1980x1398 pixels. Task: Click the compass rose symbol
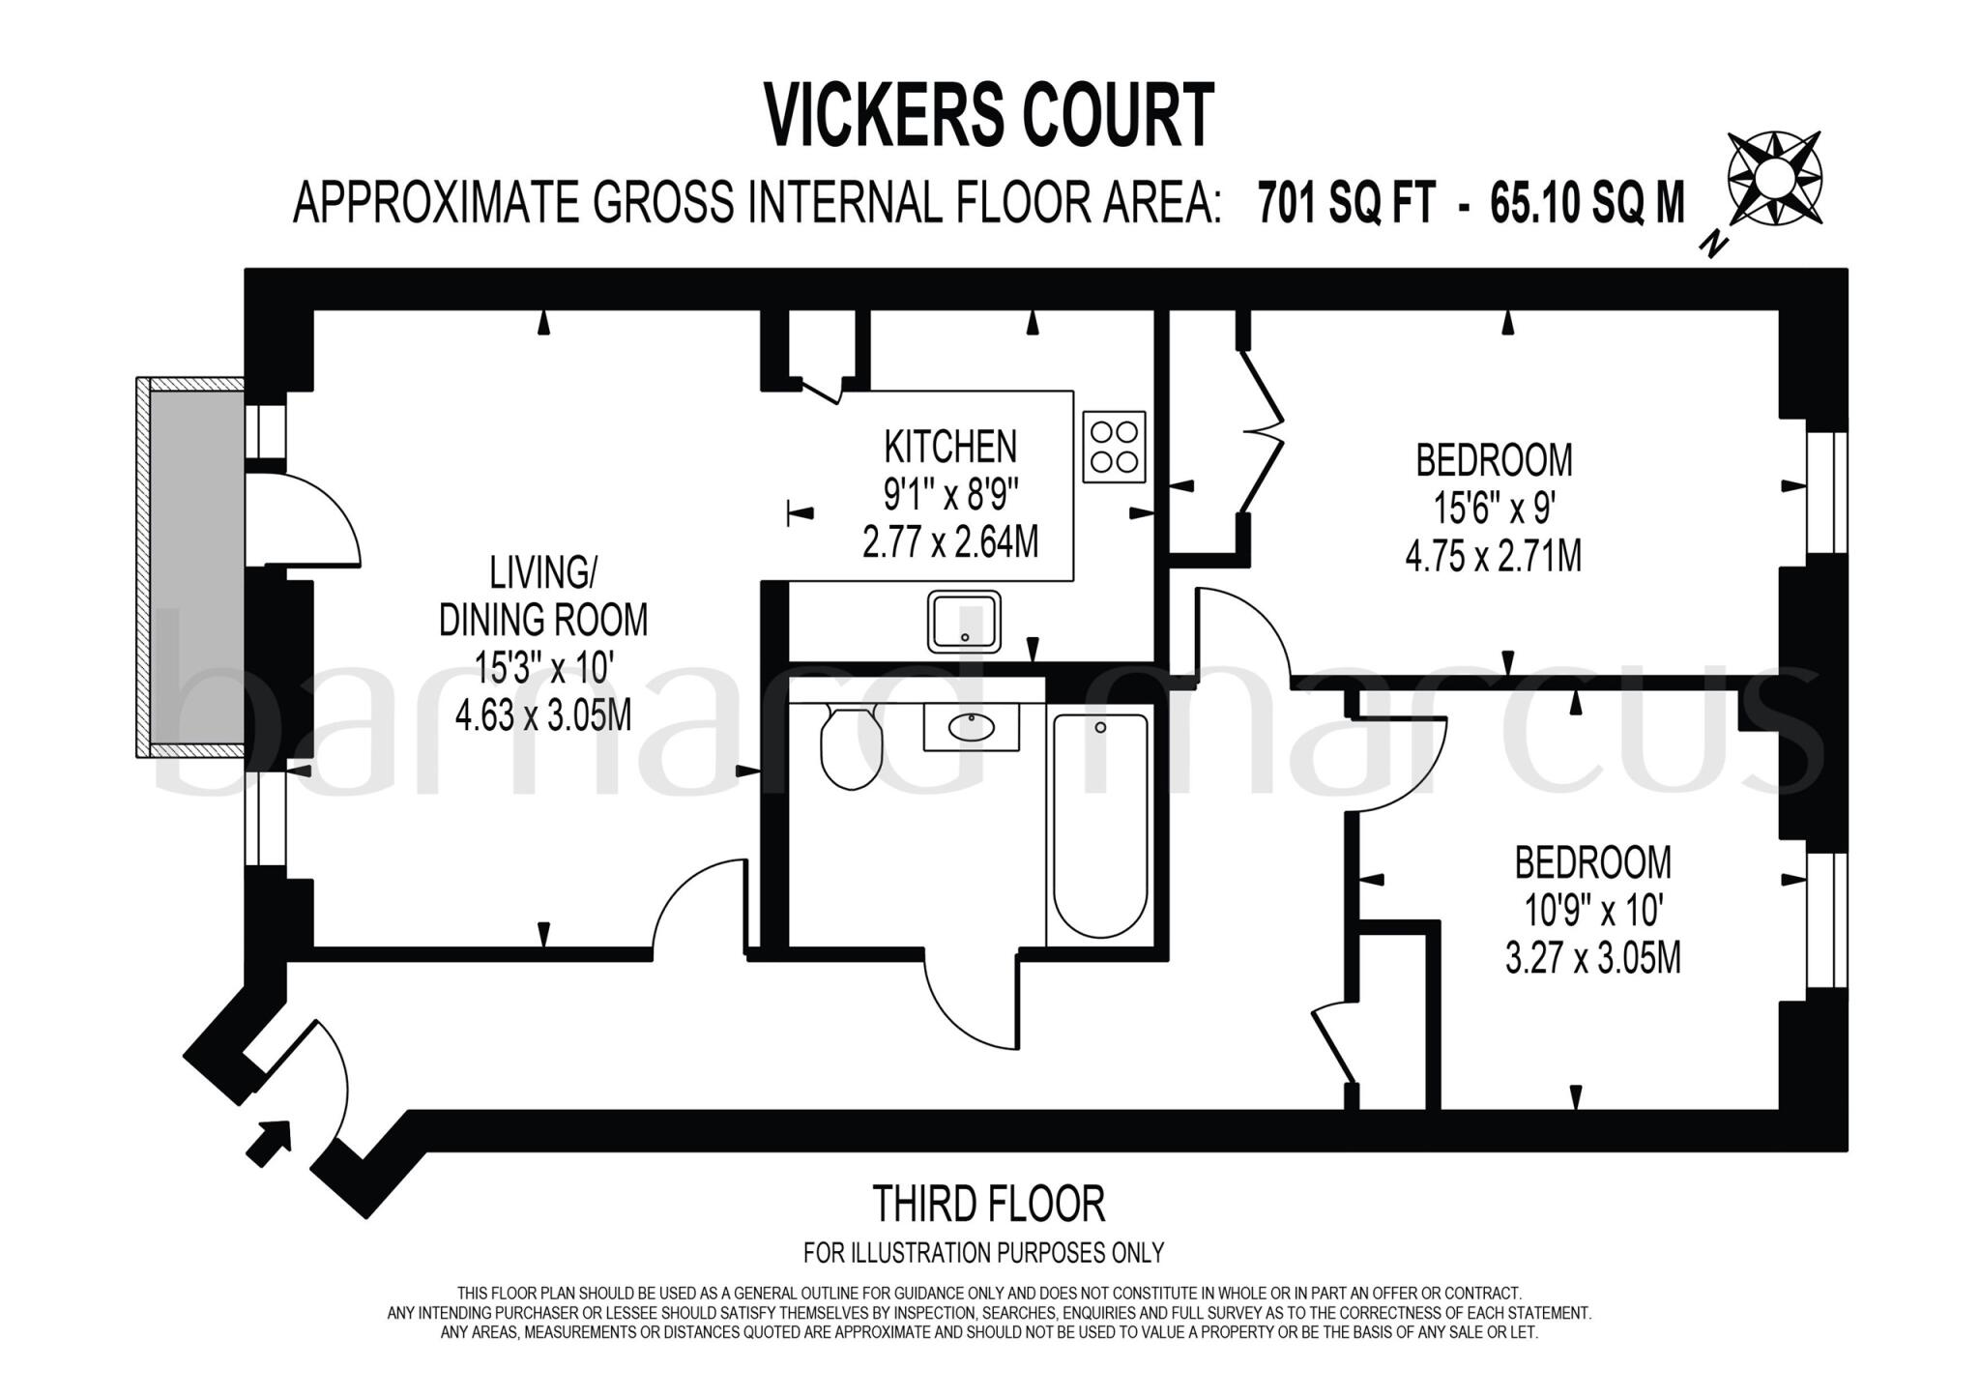[x=1774, y=179]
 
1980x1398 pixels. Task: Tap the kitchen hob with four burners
[x=1114, y=447]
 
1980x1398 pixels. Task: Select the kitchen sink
[x=964, y=622]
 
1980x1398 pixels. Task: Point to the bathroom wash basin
[x=971, y=726]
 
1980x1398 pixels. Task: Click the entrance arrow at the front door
[x=270, y=1142]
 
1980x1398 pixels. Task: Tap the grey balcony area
[x=195, y=568]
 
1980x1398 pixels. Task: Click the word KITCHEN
[x=950, y=447]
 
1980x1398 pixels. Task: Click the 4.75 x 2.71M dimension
[x=1494, y=557]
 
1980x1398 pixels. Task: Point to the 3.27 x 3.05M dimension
[x=1593, y=958]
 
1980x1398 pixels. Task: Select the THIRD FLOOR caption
[x=989, y=1205]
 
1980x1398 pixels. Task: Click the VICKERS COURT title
[x=989, y=115]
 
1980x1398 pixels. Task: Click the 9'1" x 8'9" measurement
[x=951, y=495]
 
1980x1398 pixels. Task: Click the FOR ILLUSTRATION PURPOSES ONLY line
[x=983, y=1253]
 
